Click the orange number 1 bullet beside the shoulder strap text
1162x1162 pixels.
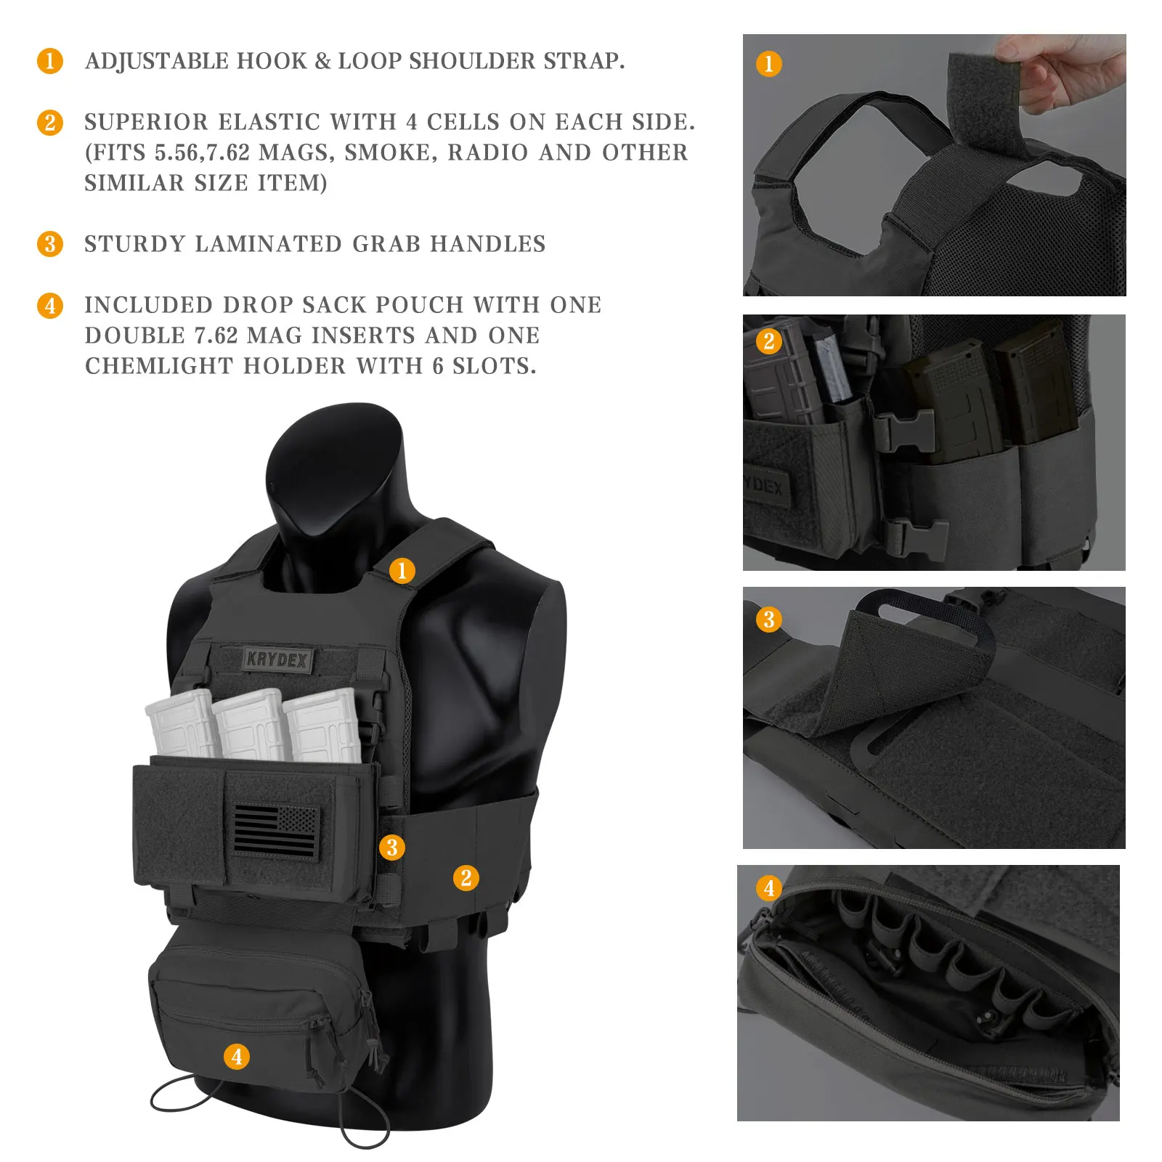tap(50, 61)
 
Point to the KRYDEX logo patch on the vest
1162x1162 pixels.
tap(277, 659)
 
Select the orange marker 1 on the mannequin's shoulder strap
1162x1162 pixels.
tap(402, 571)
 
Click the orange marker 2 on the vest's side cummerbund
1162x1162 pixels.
tap(466, 878)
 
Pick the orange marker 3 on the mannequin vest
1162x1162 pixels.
tap(392, 847)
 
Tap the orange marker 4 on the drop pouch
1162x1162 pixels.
tap(237, 1057)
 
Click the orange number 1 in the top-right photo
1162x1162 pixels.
tap(769, 64)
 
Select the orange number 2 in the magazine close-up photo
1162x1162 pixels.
tap(769, 341)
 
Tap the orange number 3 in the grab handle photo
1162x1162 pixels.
tap(769, 619)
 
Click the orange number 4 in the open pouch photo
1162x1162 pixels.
tap(769, 887)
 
